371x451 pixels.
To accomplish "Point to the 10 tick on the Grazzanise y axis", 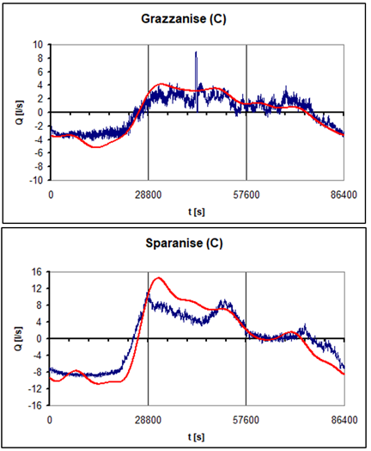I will [x=37, y=44].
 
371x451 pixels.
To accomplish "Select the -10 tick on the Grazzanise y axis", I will [x=35, y=181].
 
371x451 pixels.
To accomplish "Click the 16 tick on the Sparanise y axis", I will [x=37, y=272].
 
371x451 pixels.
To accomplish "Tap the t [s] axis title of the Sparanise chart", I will [x=197, y=436].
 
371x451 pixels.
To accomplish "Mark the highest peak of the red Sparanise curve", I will [x=158, y=278].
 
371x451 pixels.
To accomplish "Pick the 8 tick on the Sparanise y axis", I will [x=40, y=306].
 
